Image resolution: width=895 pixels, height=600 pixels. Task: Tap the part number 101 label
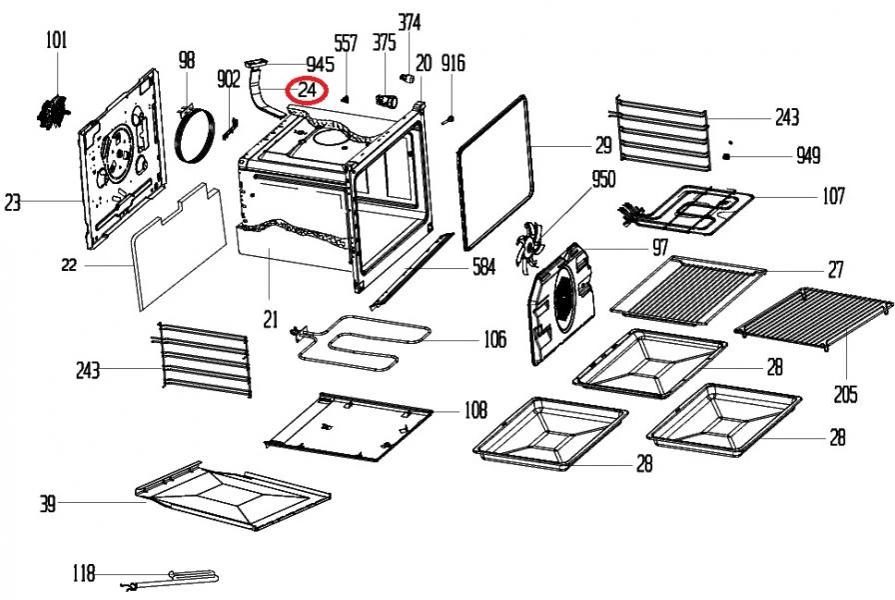(x=57, y=41)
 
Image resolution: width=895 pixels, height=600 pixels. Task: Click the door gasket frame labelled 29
(x=494, y=170)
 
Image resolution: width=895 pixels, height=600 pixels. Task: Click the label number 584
(x=483, y=269)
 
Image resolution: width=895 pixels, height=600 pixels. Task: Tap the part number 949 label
(x=807, y=156)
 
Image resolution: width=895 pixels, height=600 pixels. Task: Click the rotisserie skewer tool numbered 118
(x=170, y=577)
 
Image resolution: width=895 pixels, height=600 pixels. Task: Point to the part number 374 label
(x=410, y=21)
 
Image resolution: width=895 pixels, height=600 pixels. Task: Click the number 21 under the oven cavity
(x=270, y=319)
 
